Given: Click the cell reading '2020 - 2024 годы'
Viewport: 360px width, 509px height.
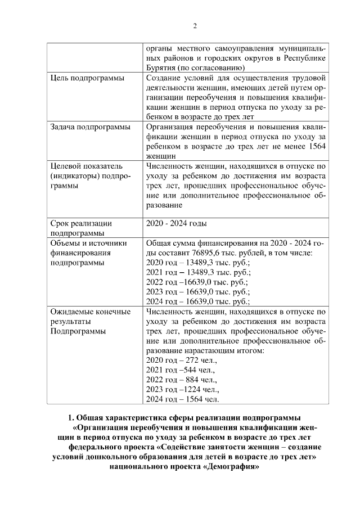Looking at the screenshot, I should tap(176, 223).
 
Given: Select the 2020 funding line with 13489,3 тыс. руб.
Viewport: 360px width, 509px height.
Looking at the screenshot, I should tap(197, 263).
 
